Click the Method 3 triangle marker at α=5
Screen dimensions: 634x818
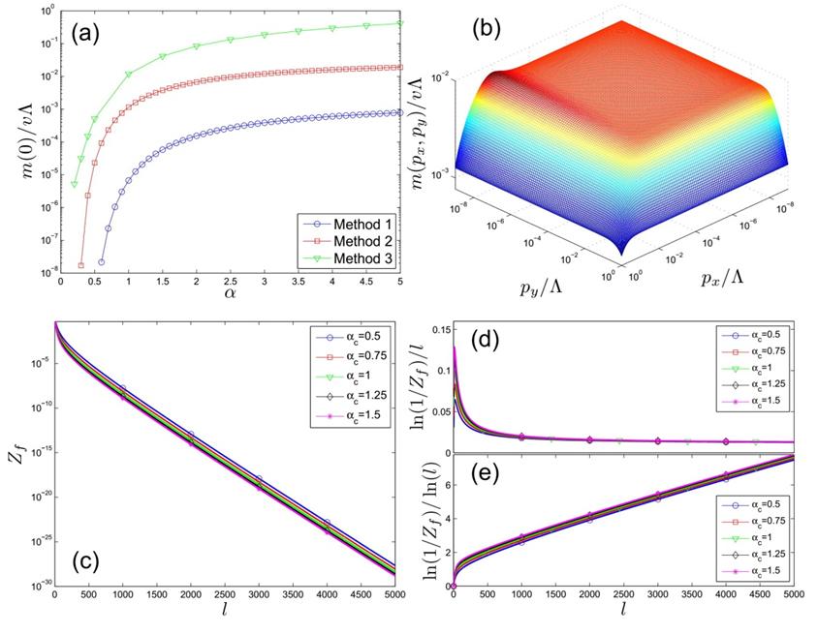coord(400,23)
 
